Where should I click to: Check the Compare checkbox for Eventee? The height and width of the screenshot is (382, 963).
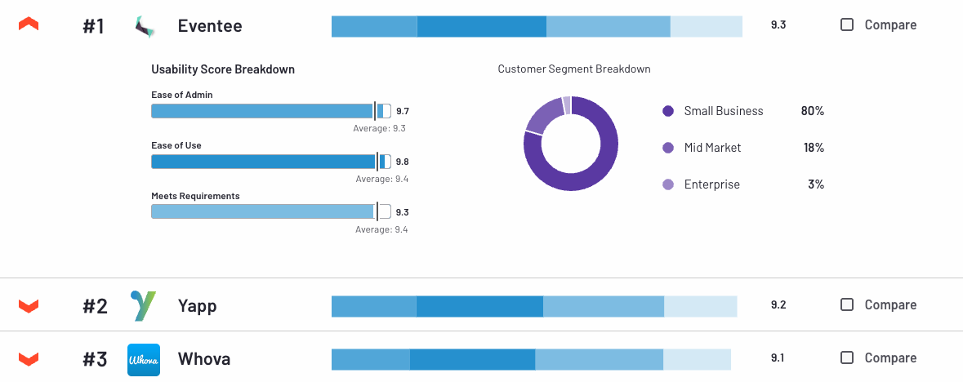pos(847,24)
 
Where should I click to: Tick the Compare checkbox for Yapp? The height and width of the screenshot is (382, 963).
pos(847,304)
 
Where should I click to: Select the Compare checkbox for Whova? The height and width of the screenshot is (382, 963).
pos(847,358)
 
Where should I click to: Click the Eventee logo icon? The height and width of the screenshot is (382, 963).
pos(144,26)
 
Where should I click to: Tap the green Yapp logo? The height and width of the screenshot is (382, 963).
pos(144,305)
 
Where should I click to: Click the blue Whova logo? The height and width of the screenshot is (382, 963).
pos(144,359)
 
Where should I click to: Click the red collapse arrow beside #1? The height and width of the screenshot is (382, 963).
pos(29,25)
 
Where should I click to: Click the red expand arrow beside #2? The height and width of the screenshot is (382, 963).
pos(29,305)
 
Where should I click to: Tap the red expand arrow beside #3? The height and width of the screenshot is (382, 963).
pos(29,358)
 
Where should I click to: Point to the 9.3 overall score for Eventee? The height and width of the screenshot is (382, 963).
pos(778,24)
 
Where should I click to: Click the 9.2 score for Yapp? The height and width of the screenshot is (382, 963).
pos(778,304)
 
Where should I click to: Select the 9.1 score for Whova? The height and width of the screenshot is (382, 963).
pos(778,358)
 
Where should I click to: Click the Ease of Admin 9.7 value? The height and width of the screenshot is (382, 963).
pos(402,111)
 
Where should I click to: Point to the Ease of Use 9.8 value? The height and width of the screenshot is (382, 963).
pos(402,162)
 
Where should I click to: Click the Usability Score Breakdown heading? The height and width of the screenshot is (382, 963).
pos(223,69)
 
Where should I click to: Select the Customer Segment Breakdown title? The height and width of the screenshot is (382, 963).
pos(574,69)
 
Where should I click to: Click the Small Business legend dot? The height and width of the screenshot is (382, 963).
pos(668,111)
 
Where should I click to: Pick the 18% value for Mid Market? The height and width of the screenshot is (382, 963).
pos(814,148)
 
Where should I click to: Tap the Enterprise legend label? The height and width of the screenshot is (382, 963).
pos(711,184)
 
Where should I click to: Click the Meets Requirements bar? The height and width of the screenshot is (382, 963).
pos(262,212)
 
